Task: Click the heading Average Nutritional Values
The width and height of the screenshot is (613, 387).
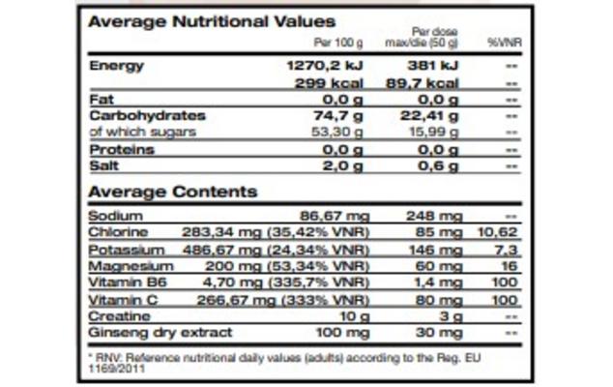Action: (x=212, y=21)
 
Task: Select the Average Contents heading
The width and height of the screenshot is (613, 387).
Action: (x=173, y=192)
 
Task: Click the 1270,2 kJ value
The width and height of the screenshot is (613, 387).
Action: (x=327, y=66)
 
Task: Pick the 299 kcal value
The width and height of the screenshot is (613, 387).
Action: (x=335, y=83)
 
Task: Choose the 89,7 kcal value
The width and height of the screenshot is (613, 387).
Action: (x=422, y=83)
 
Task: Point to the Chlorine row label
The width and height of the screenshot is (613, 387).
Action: (x=118, y=232)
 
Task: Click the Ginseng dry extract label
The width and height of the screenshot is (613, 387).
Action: (x=160, y=332)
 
